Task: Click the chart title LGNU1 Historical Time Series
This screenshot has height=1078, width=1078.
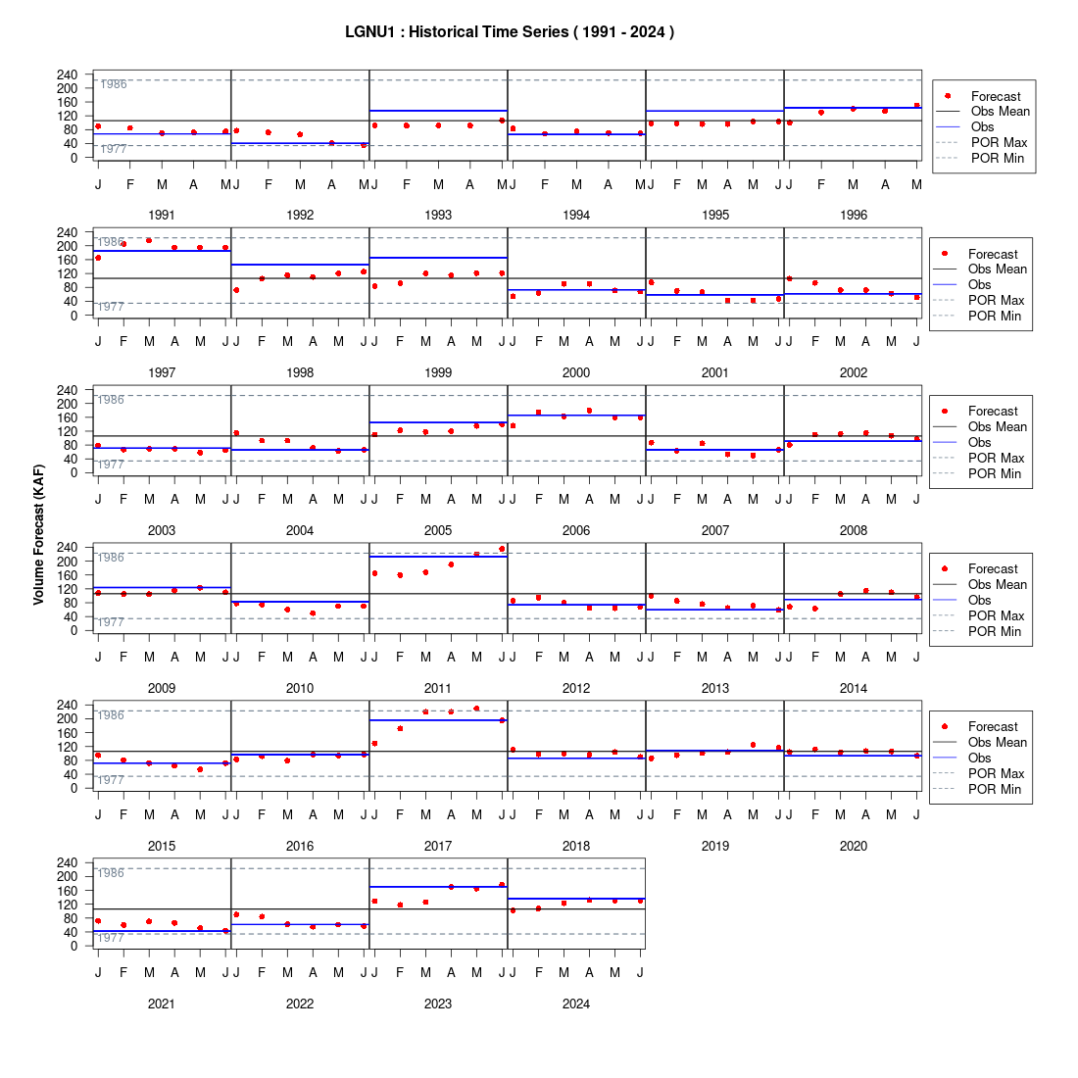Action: point(510,32)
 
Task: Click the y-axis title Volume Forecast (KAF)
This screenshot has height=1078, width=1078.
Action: point(38,535)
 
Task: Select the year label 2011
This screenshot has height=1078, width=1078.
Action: point(438,688)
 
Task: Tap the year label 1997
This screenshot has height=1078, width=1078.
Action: point(162,372)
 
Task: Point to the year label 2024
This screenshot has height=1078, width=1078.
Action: point(576,1004)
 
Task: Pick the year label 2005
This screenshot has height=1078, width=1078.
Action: point(438,531)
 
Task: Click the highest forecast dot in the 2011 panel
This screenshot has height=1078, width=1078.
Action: point(502,549)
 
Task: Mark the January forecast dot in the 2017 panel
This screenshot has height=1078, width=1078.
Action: point(374,743)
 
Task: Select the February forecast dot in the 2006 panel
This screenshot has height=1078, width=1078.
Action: point(538,413)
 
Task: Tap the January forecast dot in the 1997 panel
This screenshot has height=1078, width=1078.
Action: point(98,258)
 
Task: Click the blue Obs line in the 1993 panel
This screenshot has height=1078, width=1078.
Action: point(439,111)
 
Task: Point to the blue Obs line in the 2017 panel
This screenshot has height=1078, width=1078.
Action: point(439,720)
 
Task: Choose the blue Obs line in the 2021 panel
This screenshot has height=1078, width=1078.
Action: point(163,932)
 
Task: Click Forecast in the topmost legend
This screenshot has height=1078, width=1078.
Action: point(996,96)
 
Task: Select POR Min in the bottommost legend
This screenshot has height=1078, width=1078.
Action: point(995,789)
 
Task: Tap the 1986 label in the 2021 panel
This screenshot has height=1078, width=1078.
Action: point(111,873)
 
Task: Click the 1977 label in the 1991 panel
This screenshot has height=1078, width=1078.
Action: point(114,149)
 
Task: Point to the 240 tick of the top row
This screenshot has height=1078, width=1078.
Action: point(68,74)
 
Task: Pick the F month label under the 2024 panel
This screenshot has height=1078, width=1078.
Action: point(538,972)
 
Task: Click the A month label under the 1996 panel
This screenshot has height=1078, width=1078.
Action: point(885,184)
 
